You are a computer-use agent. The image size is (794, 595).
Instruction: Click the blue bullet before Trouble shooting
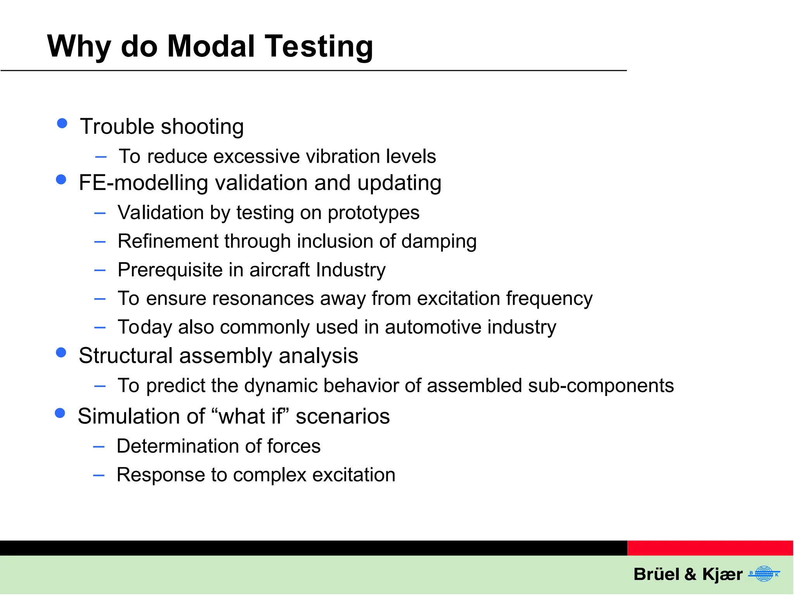click(x=62, y=123)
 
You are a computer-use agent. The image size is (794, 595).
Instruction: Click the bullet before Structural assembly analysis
click(x=61, y=352)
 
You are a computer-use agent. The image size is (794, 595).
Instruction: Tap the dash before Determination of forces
click(x=99, y=447)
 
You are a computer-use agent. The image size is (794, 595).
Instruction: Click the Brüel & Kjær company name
click(x=688, y=574)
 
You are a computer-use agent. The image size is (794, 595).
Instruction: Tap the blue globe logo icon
click(x=764, y=574)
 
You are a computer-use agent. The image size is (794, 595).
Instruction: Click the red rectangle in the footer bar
click(x=710, y=548)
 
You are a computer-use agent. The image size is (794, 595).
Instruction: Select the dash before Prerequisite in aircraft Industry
click(x=100, y=270)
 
